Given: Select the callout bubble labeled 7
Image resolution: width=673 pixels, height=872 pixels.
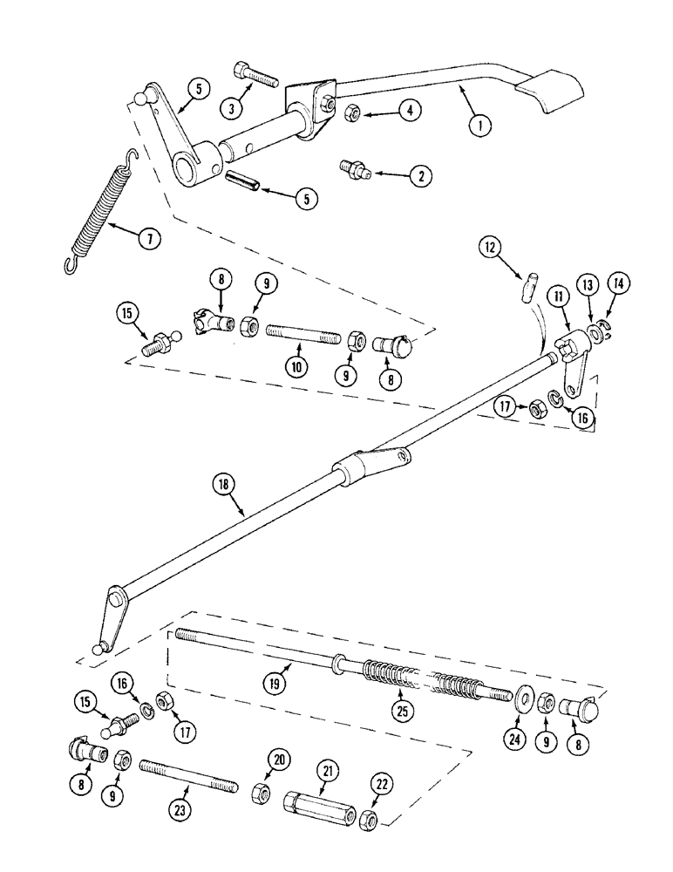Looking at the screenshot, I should (150, 238).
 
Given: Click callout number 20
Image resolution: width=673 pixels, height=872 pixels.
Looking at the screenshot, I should (279, 760).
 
